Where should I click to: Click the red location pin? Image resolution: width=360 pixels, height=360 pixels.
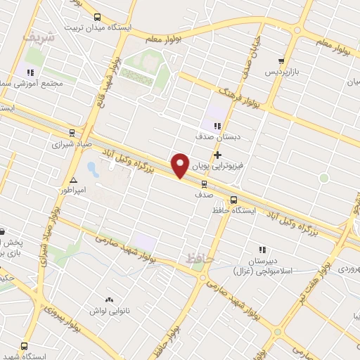click(x=181, y=165)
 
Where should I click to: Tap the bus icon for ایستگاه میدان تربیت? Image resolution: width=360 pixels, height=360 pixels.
click(x=97, y=18)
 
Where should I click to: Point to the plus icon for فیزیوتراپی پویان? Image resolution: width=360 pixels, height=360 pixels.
click(x=217, y=155)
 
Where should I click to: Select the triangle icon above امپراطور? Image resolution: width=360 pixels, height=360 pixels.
click(x=74, y=179)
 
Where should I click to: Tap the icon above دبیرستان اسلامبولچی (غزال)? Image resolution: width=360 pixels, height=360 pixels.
click(x=262, y=249)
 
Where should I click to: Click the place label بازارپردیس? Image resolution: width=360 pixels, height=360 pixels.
click(x=281, y=72)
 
